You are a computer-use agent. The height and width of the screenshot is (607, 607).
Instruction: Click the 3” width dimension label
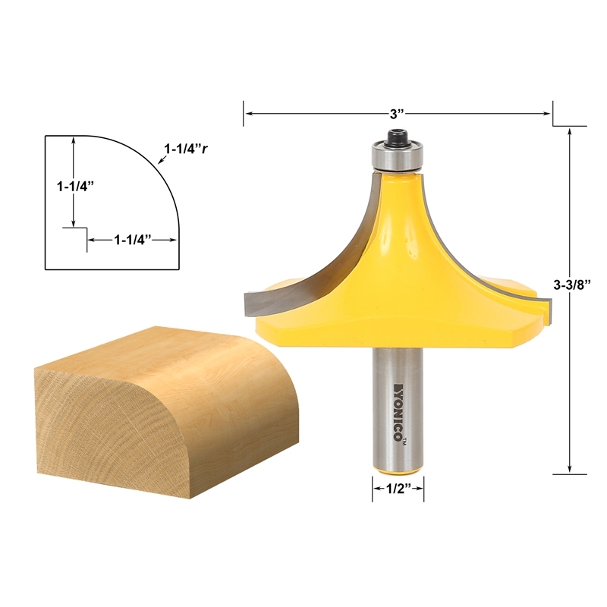pyautogui.click(x=396, y=114)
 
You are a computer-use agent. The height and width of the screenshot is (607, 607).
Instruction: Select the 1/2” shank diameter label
pyautogui.click(x=398, y=489)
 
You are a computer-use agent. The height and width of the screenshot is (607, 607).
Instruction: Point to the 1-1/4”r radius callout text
pyautogui.click(x=186, y=149)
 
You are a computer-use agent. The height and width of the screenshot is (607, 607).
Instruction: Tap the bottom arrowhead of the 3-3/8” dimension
pyautogui.click(x=571, y=470)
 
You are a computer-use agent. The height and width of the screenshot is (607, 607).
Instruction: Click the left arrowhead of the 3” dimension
pyautogui.click(x=247, y=114)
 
